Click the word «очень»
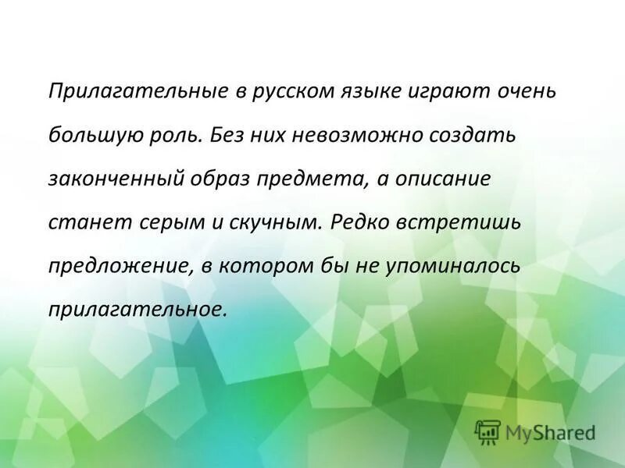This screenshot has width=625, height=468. (x=526, y=91)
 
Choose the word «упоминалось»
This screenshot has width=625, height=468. (x=452, y=266)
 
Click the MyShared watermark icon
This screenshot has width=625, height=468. (x=487, y=431)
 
